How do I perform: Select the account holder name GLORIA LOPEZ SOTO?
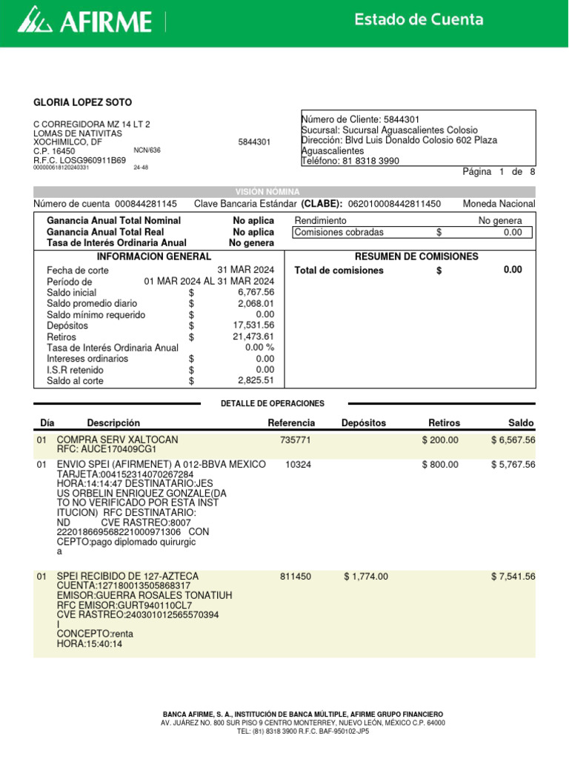(83, 102)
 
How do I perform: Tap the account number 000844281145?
(145, 204)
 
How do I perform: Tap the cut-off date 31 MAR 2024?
(245, 271)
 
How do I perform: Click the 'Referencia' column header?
(291, 423)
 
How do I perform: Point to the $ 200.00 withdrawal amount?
(440, 440)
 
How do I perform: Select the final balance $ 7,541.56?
(513, 577)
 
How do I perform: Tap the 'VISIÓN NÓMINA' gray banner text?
(267, 192)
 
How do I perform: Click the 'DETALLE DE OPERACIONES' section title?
(273, 403)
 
